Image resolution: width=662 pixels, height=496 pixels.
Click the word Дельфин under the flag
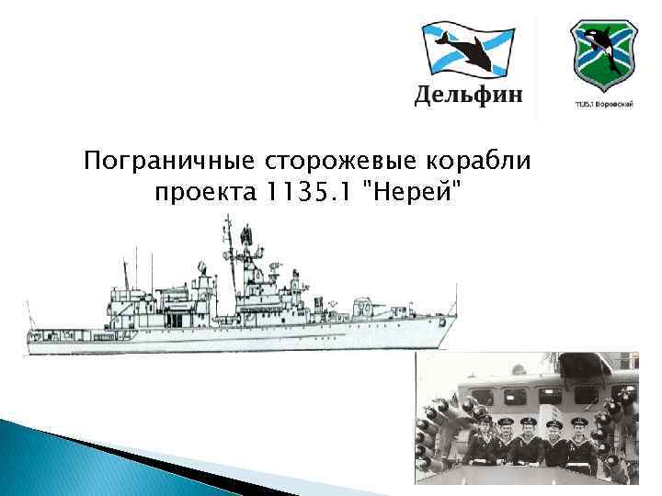point(469,95)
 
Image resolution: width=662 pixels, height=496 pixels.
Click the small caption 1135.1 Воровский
point(603,104)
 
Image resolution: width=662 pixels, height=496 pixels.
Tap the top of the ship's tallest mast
point(227,218)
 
